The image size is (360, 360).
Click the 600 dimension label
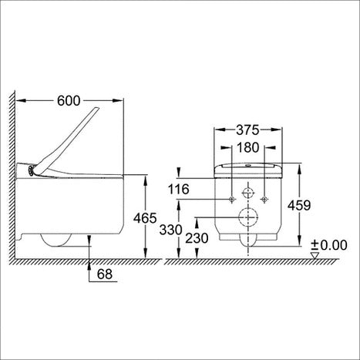69,101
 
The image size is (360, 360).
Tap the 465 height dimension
145,218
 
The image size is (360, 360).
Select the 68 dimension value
105,274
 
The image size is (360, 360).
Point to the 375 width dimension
247,130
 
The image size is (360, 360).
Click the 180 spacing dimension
247,147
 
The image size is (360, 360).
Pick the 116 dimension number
179,190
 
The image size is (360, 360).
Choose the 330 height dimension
171,230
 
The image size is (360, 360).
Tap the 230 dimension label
197,238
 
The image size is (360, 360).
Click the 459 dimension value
299,205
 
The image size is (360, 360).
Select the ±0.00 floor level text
329,245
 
